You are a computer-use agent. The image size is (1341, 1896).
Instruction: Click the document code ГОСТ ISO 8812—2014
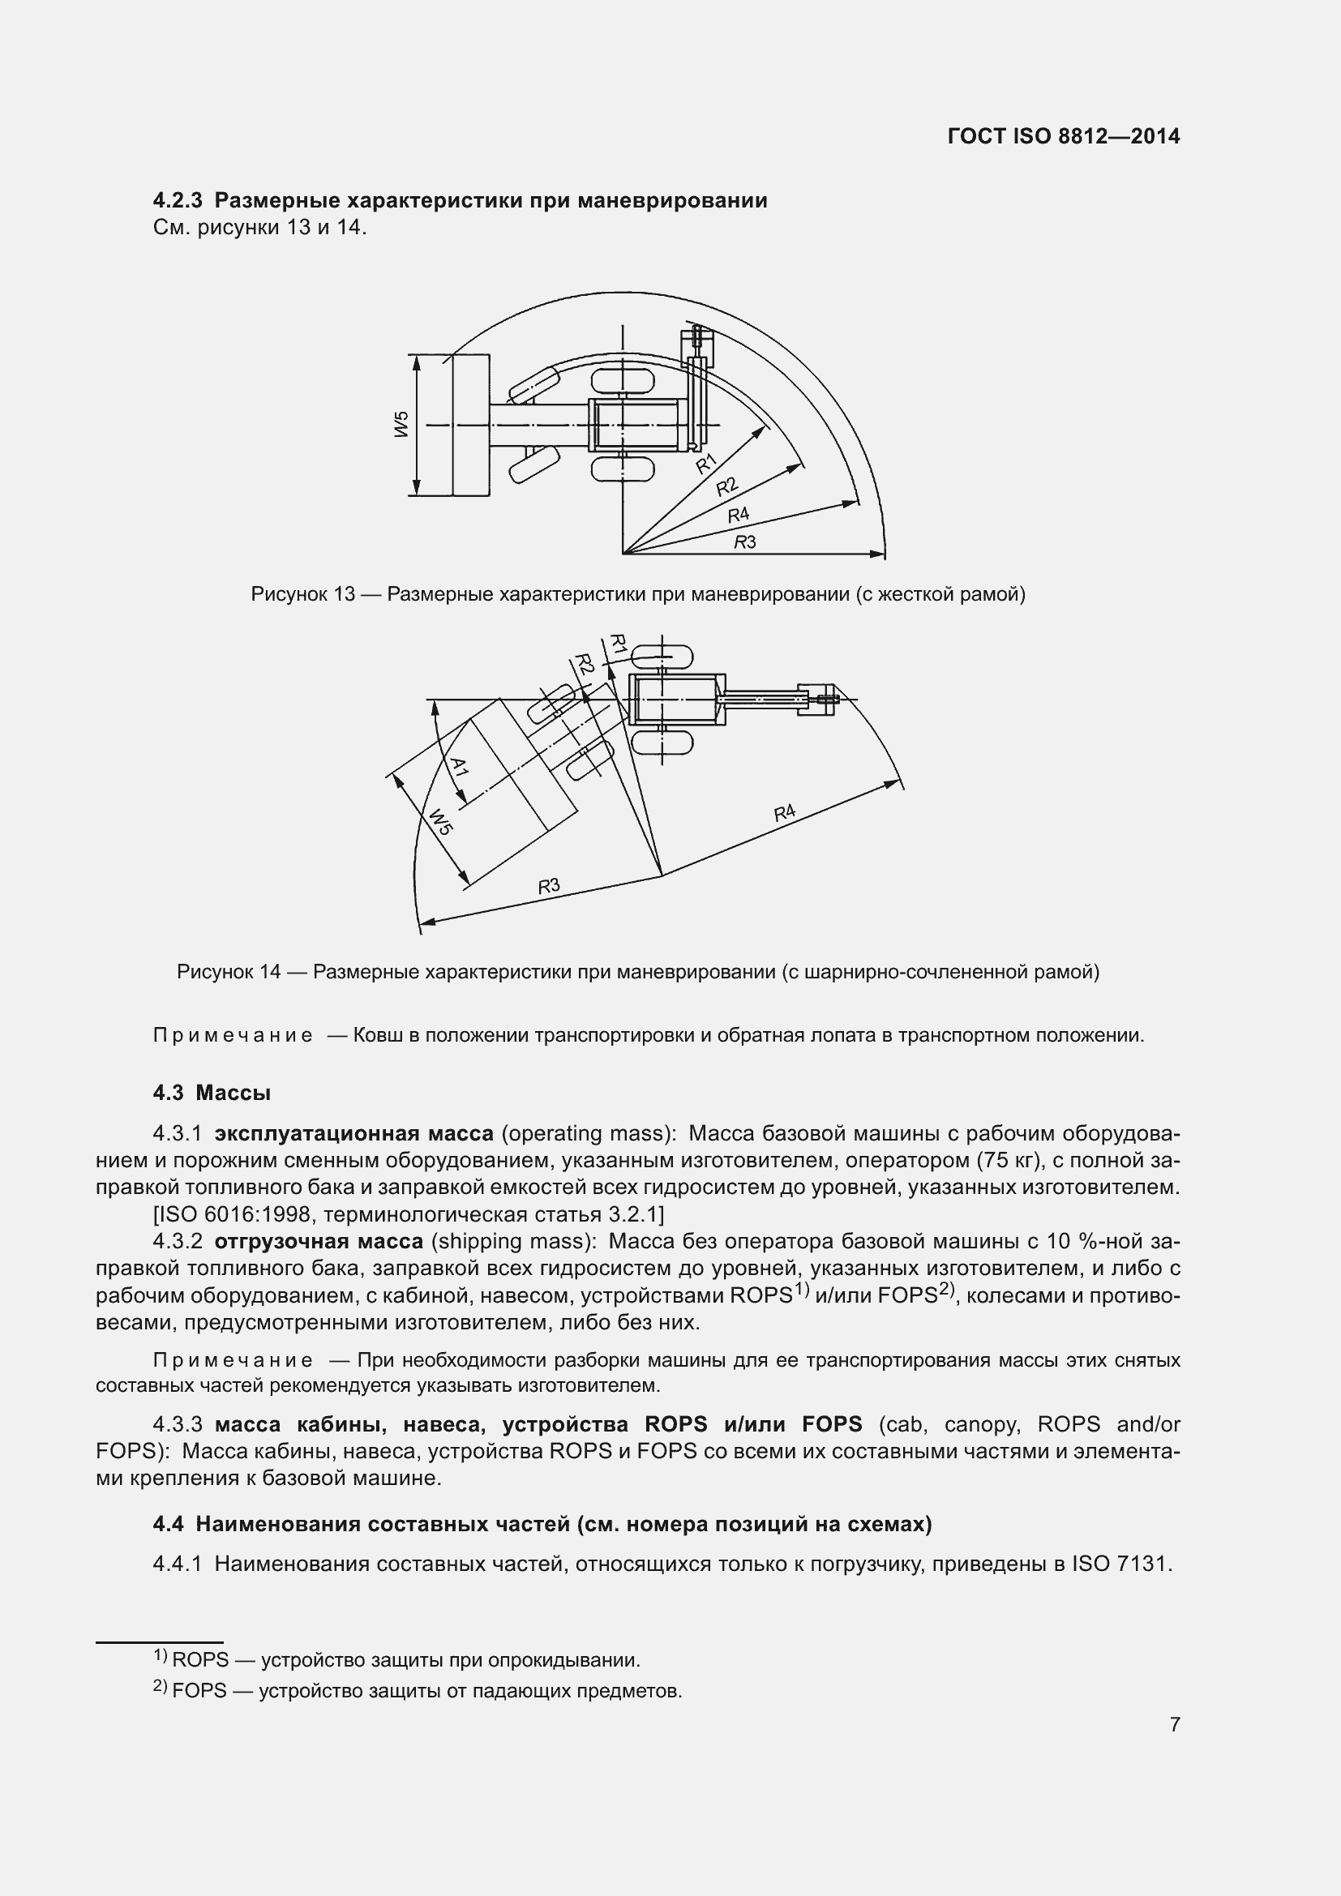pos(1064,136)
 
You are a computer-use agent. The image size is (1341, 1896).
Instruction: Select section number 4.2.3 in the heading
pos(178,201)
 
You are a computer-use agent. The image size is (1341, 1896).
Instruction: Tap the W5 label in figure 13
pos(402,425)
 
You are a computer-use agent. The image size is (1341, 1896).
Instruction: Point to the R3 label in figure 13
pos(745,541)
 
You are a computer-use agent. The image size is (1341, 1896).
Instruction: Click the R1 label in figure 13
pos(706,464)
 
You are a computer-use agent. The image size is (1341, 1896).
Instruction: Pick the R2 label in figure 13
pos(726,486)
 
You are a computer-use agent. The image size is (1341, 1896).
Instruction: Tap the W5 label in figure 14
pos(440,822)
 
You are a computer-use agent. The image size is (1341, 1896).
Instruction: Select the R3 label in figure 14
pos(549,886)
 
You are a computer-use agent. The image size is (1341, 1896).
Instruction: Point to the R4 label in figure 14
pos(785,812)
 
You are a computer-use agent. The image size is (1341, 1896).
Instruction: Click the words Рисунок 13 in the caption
pos(302,594)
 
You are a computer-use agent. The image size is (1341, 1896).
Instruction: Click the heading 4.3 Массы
pos(212,1093)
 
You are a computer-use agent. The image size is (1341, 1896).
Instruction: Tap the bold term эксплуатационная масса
pos(353,1133)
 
